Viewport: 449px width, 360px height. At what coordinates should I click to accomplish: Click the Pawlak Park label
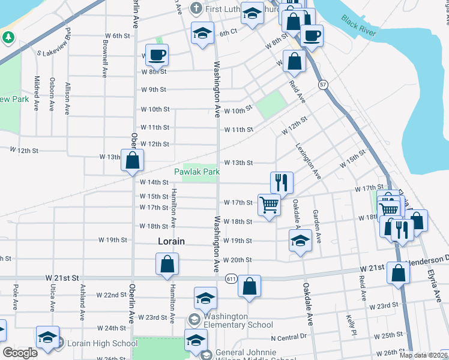(x=197, y=172)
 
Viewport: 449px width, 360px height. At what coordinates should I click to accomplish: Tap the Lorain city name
(x=171, y=241)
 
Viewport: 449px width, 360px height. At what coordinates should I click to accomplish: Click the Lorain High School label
(x=102, y=344)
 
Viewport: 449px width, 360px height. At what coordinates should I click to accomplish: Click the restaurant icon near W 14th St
(x=282, y=182)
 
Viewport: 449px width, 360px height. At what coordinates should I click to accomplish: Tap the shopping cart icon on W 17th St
(x=269, y=205)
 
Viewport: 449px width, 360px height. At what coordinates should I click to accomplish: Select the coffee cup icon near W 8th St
(x=157, y=55)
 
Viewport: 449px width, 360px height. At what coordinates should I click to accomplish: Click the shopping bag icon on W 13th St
(x=133, y=160)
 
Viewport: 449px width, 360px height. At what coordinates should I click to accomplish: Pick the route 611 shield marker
(x=231, y=279)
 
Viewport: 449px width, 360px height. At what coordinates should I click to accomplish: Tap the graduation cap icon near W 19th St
(x=300, y=241)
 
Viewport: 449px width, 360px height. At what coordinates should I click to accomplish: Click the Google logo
(x=20, y=353)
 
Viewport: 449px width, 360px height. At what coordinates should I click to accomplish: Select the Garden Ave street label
(x=317, y=226)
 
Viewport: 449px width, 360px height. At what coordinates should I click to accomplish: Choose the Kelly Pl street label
(x=349, y=325)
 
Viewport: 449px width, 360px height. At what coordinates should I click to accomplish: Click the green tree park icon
(x=8, y=37)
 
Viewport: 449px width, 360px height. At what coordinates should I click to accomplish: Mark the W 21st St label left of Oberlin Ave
(x=62, y=279)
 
